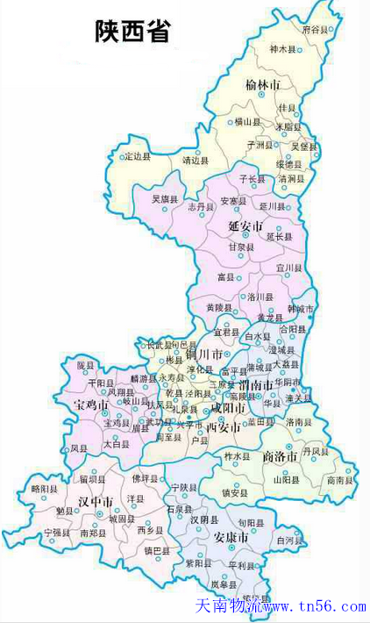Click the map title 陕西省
coord(132,32)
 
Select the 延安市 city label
coord(246,226)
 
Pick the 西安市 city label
coord(223,428)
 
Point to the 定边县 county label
coord(137,156)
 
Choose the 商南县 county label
coord(339,480)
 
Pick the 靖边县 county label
coord(195,161)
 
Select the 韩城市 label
coord(301,310)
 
